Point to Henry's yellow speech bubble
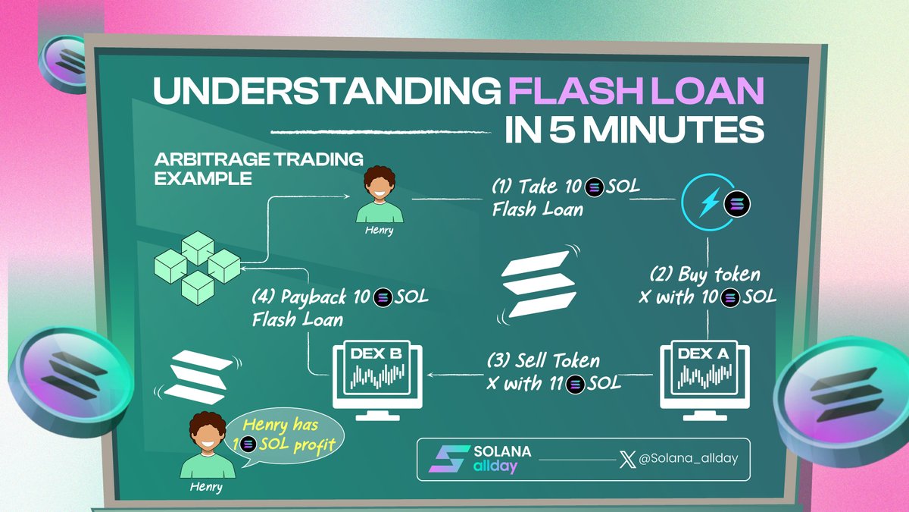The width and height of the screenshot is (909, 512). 287,437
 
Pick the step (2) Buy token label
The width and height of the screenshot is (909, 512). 708,286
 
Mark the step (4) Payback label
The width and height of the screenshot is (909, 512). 339,307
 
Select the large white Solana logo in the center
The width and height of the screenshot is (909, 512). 539,281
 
